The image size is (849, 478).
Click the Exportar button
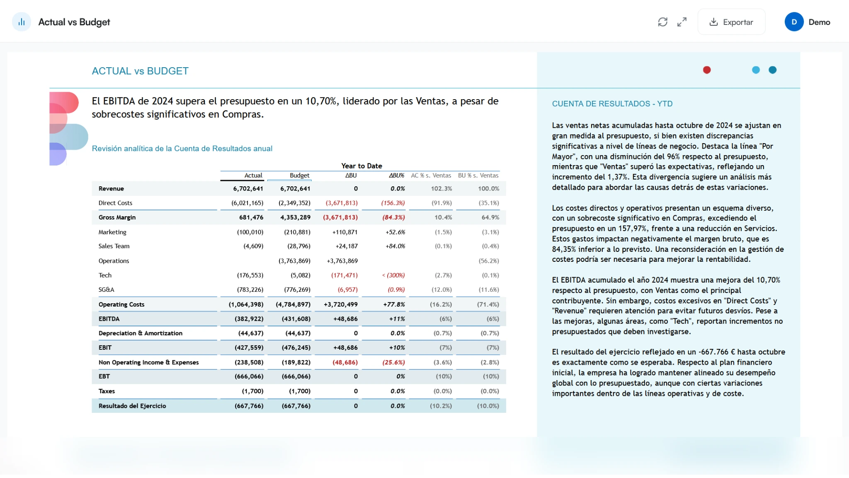pyautogui.click(x=731, y=22)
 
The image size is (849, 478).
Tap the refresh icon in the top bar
pyautogui.click(x=662, y=22)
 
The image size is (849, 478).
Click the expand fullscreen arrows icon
pyautogui.click(x=682, y=22)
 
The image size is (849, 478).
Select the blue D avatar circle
pyautogui.click(x=794, y=22)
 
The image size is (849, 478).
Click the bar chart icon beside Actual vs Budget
pyautogui.click(x=22, y=22)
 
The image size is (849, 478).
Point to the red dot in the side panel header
pyautogui.click(x=707, y=70)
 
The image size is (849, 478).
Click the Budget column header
pyautogui.click(x=299, y=176)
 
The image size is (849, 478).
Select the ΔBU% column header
pyautogui.click(x=396, y=176)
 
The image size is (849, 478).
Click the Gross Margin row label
pyautogui.click(x=117, y=217)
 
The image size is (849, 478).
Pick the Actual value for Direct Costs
pyautogui.click(x=247, y=203)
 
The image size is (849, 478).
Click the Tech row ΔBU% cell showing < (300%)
pyautogui.click(x=393, y=276)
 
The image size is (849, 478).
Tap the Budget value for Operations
pyautogui.click(x=294, y=261)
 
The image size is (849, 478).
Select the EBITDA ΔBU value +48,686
pyautogui.click(x=345, y=319)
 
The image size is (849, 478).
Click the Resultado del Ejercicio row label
pyautogui.click(x=132, y=406)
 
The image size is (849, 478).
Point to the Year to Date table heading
pyautogui.click(x=361, y=166)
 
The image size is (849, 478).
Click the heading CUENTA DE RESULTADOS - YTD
pyautogui.click(x=612, y=104)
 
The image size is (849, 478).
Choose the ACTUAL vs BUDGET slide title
pyautogui.click(x=140, y=71)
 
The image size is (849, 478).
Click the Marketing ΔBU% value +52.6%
pyautogui.click(x=395, y=232)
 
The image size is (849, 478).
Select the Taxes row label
pyautogui.click(x=107, y=391)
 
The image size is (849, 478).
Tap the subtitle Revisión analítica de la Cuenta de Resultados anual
pyautogui.click(x=182, y=149)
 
